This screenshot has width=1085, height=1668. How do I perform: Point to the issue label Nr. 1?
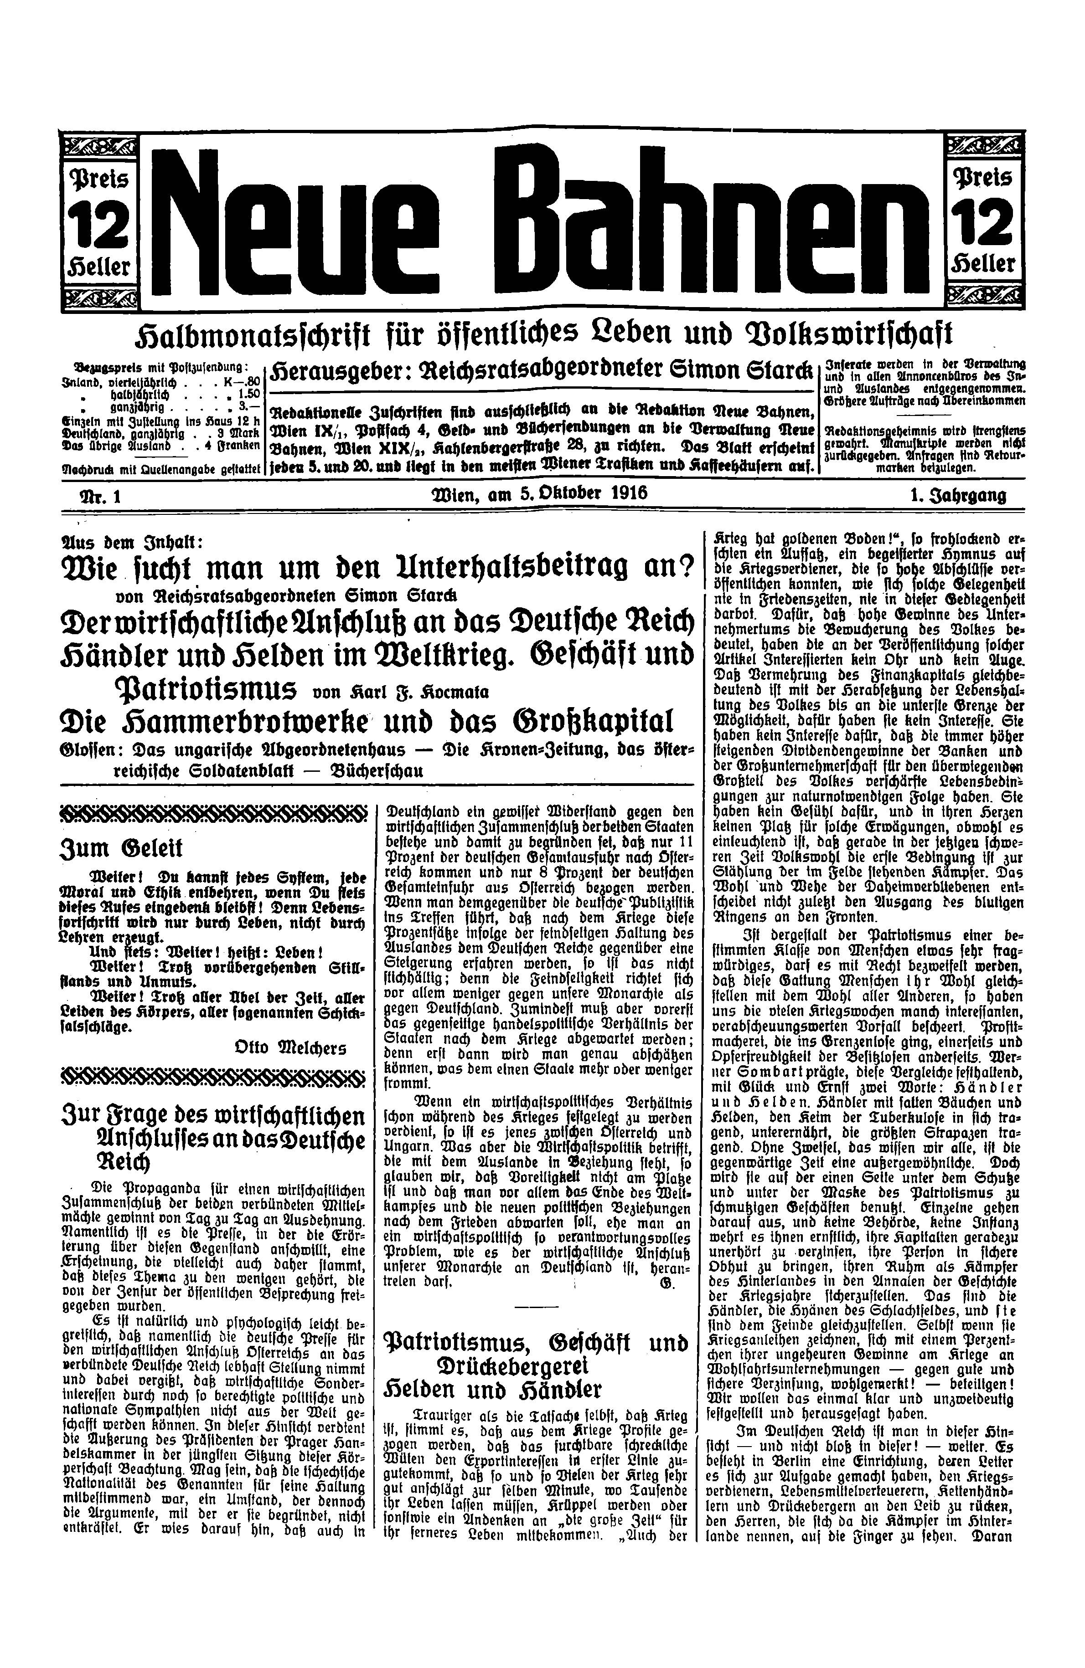102,496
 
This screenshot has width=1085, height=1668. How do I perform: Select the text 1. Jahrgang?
957,496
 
